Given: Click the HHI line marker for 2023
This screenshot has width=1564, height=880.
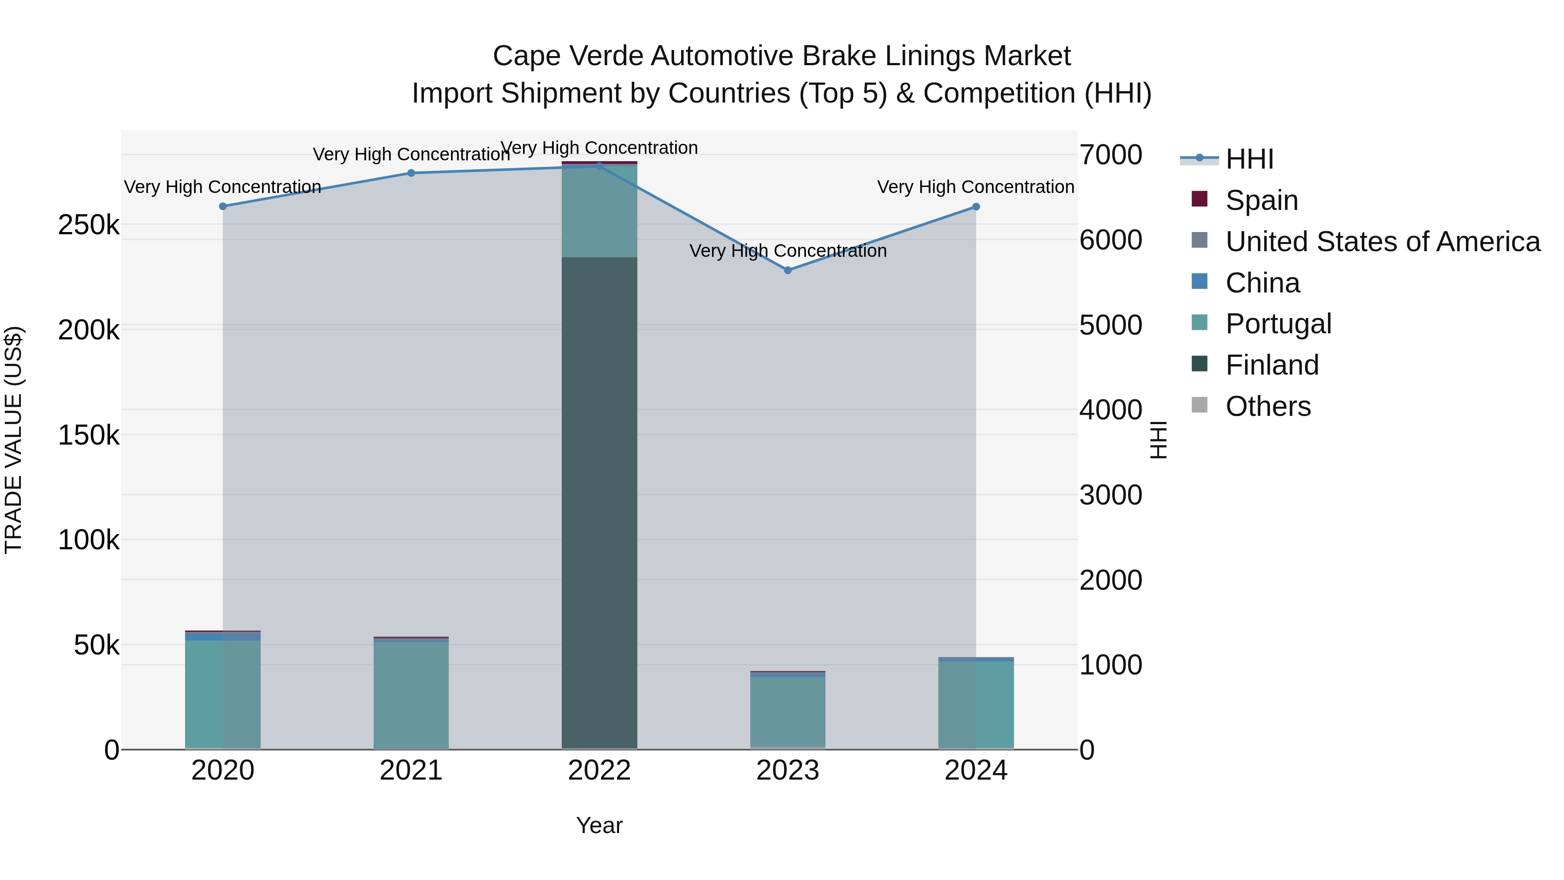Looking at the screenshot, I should click(x=788, y=270).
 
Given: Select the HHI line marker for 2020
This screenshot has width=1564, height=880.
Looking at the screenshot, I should click(x=223, y=206).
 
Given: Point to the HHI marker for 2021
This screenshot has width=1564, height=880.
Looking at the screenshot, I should click(x=411, y=173).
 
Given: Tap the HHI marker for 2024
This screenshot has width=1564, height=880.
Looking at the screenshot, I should click(x=976, y=207).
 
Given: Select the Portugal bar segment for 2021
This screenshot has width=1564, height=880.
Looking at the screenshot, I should click(x=411, y=695).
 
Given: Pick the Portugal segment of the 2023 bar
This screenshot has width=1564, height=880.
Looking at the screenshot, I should click(x=788, y=711).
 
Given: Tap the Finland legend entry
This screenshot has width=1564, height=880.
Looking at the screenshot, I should click(x=1271, y=365).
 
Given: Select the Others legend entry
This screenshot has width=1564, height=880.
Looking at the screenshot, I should click(x=1268, y=406).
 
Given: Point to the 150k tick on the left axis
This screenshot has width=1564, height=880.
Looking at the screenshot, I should click(x=89, y=435).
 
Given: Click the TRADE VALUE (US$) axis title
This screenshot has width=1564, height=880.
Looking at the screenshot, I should click(x=13, y=440).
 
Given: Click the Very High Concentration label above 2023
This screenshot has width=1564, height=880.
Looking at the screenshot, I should click(x=788, y=251).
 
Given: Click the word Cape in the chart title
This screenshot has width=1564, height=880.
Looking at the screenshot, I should click(x=522, y=56).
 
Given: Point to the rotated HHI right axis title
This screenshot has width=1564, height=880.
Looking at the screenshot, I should click(x=1158, y=440).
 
